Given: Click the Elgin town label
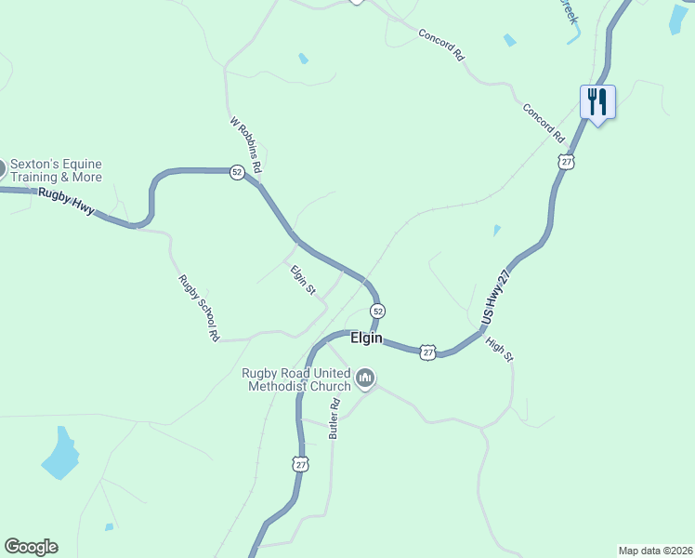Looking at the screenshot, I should coord(367,339).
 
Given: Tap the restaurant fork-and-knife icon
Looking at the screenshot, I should coord(597,100).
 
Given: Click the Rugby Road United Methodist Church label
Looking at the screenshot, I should coord(296,379).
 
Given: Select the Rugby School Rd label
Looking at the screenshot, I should coord(199,307).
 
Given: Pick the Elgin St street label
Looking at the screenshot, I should coord(303,281).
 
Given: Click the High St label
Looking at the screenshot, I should coord(499,350).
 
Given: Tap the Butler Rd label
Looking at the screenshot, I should coord(334,418).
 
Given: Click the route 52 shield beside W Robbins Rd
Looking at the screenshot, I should coord(237,172).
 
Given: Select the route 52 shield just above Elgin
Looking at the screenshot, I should coord(377,310).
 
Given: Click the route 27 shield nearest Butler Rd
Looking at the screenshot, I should coord(298,463).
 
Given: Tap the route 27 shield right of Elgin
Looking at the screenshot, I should coord(426,352).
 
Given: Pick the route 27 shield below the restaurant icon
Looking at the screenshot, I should coord(567,162).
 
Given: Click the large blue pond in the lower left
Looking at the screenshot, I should coord(59,454).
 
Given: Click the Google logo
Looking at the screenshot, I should coord(31,547).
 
